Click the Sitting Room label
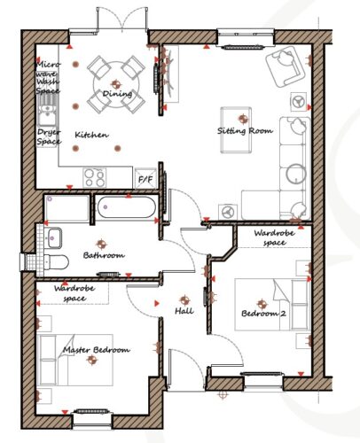245,130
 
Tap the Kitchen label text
91,135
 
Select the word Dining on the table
117,94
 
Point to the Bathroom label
104,255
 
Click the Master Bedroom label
97,350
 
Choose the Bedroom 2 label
263,314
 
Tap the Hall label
184,311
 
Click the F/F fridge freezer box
145,178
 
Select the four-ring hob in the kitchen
95,178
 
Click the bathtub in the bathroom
126,207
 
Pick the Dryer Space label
49,137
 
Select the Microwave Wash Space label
48,77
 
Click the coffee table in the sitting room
236,130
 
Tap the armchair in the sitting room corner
285,67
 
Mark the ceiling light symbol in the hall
184,300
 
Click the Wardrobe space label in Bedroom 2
275,237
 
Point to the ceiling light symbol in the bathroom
101,244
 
